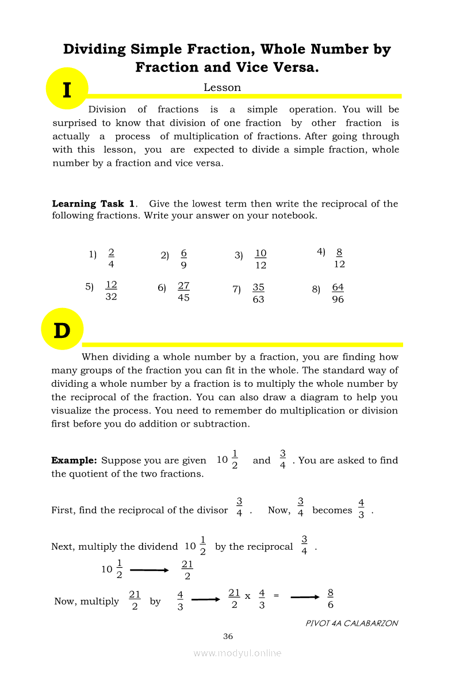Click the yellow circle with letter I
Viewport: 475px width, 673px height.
click(67, 89)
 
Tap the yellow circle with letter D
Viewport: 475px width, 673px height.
click(62, 330)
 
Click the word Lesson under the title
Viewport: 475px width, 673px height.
click(222, 88)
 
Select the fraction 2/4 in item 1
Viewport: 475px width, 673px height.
click(111, 258)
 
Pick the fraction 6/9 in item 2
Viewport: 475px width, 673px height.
click(183, 259)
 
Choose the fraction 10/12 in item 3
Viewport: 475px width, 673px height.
click(261, 259)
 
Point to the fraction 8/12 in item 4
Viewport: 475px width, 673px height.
click(339, 258)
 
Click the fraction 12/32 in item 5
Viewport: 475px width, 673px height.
click(111, 291)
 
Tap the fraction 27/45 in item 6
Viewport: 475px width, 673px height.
click(183, 291)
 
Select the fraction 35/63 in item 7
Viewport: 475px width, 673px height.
click(258, 293)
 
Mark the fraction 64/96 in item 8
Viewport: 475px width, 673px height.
click(338, 293)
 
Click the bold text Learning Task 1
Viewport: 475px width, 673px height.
click(94, 204)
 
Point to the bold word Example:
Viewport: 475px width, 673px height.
click(74, 461)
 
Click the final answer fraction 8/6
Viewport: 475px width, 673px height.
click(330, 599)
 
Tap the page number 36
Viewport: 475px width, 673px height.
click(228, 636)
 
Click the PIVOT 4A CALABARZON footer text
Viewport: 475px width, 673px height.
click(352, 623)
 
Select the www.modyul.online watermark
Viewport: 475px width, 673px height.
click(237, 653)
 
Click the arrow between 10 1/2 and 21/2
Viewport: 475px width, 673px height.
click(149, 570)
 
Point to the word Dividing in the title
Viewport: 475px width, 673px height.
click(95, 49)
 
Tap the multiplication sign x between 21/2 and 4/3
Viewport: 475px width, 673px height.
click(247, 596)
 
